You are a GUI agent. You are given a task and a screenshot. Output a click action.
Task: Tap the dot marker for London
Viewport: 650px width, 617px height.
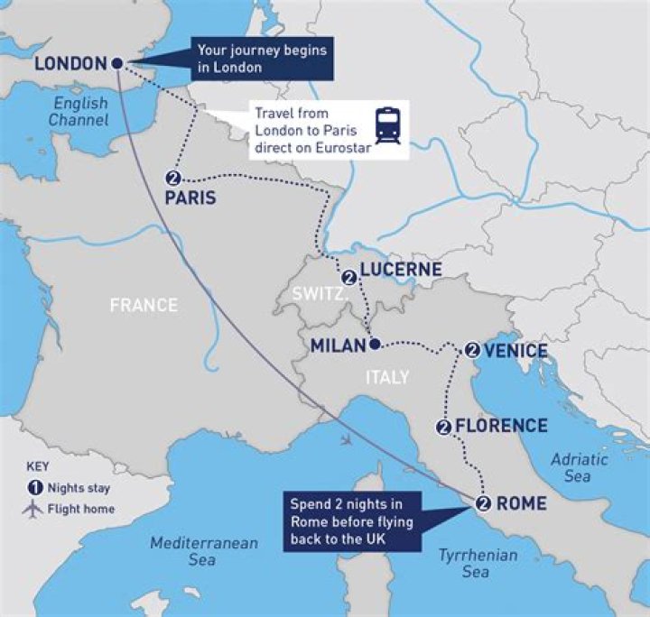tap(116, 62)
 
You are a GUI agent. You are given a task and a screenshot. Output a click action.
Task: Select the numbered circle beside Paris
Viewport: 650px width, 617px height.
tap(174, 177)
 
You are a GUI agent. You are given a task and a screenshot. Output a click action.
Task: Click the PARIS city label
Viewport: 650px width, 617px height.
tap(190, 197)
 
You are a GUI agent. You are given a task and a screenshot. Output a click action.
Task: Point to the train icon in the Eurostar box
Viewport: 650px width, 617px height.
tap(388, 125)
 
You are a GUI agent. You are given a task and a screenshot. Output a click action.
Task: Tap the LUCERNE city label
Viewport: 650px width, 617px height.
tap(400, 270)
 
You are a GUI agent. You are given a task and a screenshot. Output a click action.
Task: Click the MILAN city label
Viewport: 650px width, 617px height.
tap(337, 345)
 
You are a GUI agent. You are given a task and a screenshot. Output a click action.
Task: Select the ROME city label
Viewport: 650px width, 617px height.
tap(522, 503)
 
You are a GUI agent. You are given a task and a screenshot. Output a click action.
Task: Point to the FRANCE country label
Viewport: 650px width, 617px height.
tap(144, 305)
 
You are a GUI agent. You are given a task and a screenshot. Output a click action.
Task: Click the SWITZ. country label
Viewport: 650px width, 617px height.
tap(315, 294)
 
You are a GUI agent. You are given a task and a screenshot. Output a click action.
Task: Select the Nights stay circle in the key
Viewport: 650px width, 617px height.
tap(33, 487)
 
